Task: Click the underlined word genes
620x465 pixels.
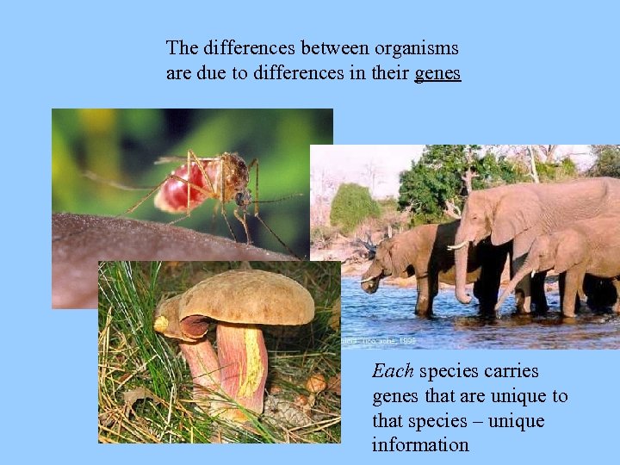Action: [437, 74]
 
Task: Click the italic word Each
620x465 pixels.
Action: [393, 371]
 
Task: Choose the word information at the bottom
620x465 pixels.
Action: [420, 445]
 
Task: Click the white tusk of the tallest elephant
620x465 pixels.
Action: [456, 246]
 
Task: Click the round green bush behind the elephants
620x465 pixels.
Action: [354, 207]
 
